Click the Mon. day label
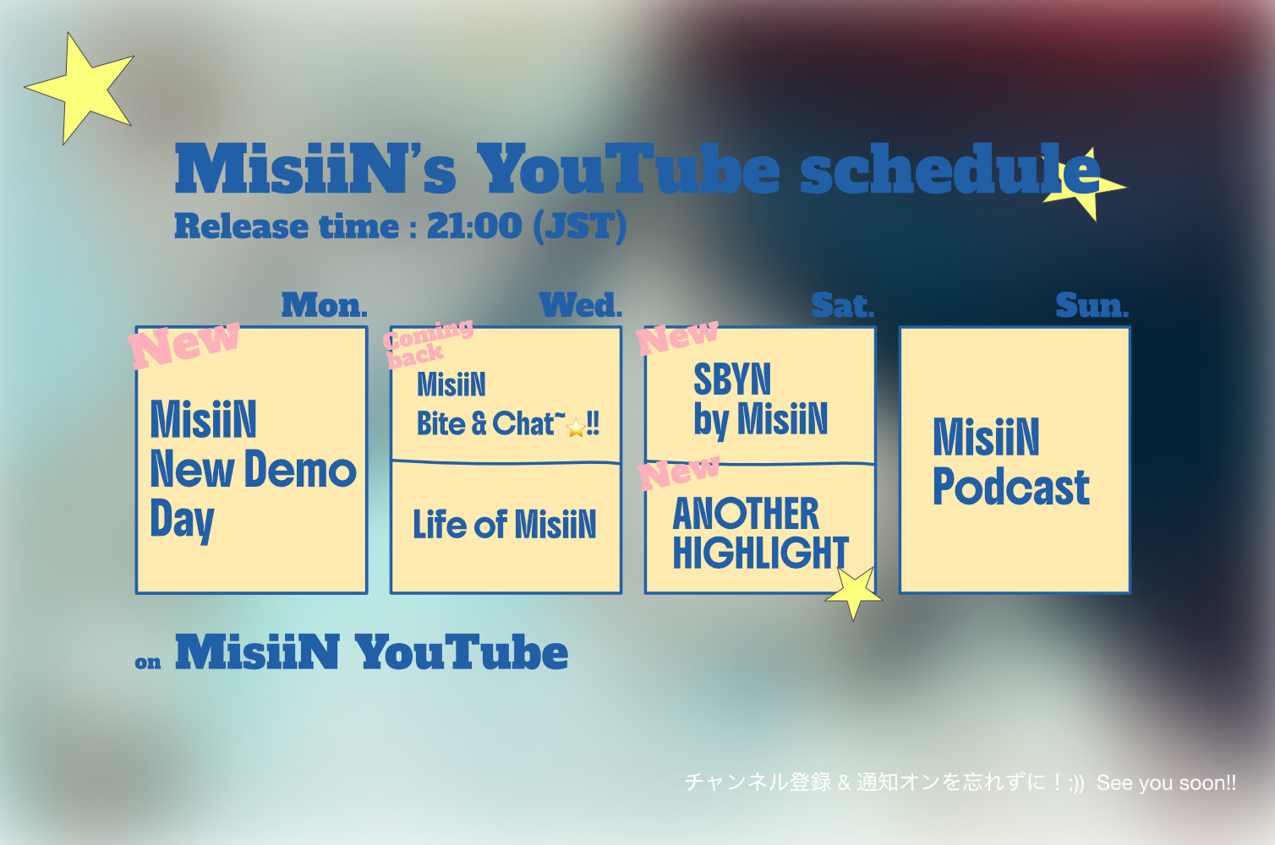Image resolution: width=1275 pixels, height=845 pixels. pyautogui.click(x=325, y=306)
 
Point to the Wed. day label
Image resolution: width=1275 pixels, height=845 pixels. pyautogui.click(x=581, y=306)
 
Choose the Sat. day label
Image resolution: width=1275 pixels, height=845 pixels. pyautogui.click(x=842, y=306)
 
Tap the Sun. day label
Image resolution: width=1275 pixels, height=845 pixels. pyautogui.click(x=1092, y=306)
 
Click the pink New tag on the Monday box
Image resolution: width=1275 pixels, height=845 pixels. pyautogui.click(x=183, y=345)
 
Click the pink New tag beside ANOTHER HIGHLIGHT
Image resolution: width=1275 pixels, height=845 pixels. pyautogui.click(x=678, y=472)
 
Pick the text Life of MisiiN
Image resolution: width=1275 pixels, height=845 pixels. pyautogui.click(x=504, y=524)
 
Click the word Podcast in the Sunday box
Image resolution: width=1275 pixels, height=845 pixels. pyautogui.click(x=1011, y=487)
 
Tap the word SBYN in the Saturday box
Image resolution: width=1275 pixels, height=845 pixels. pyautogui.click(x=732, y=379)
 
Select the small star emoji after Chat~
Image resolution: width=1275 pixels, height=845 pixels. pyautogui.click(x=577, y=428)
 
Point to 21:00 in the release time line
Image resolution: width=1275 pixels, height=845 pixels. pyautogui.click(x=474, y=226)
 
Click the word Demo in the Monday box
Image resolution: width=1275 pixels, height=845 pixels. pyautogui.click(x=300, y=470)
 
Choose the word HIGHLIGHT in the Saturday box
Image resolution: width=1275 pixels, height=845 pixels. pyautogui.click(x=760, y=553)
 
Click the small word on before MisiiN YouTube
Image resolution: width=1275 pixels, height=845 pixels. pyautogui.click(x=148, y=662)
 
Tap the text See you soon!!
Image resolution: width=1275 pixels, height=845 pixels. pyautogui.click(x=1166, y=783)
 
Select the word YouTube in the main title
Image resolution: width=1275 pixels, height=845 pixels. pyautogui.click(x=628, y=170)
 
